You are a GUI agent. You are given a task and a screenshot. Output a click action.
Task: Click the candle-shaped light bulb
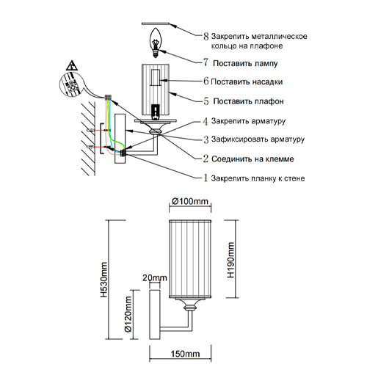155,43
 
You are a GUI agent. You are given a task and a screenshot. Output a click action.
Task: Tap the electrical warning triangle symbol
72,65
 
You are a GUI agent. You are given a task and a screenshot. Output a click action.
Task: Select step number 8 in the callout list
206,37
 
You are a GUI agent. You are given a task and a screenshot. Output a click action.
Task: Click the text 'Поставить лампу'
245,63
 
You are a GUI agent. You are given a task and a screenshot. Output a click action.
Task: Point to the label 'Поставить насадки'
247,81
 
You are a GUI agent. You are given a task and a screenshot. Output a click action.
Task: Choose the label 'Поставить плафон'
248,101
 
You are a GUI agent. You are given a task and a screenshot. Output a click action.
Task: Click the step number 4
206,121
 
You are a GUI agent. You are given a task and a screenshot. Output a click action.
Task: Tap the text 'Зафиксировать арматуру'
258,139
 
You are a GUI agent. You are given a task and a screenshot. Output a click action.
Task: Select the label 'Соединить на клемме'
252,159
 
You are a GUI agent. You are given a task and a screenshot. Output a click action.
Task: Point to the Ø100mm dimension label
190,201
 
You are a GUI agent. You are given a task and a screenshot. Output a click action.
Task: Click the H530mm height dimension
104,280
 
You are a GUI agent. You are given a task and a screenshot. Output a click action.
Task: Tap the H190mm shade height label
230,260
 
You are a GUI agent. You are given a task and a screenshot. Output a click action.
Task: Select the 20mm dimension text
155,277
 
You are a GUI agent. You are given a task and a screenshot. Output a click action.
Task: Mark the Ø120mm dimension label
128,314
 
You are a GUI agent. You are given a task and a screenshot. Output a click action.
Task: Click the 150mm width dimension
185,354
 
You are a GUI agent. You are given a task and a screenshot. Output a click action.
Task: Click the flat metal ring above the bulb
155,23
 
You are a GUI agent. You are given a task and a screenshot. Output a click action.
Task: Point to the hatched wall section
88,139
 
